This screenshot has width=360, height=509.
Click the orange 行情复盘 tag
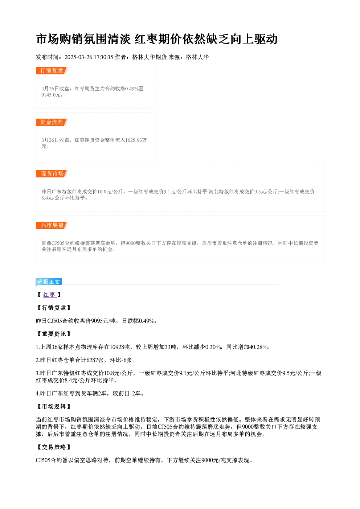pyautogui.click(x=52, y=71)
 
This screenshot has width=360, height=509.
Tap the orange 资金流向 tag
pyautogui.click(x=52, y=122)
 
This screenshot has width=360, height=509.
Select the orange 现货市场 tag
pyautogui.click(x=52, y=174)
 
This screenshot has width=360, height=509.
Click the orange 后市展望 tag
pyautogui.click(x=52, y=225)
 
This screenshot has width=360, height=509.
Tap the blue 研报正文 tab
pyautogui.click(x=49, y=282)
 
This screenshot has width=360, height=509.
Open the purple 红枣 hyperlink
pyautogui.click(x=50, y=295)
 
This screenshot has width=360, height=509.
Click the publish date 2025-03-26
pyautogui.click(x=78, y=57)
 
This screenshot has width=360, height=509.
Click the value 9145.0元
pyautogui.click(x=51, y=95)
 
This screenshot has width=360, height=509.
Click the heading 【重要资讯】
pyautogui.click(x=54, y=334)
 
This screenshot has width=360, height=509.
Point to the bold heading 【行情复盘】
pyautogui.click(x=54, y=308)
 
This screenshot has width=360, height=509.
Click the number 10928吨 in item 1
pyautogui.click(x=120, y=347)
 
